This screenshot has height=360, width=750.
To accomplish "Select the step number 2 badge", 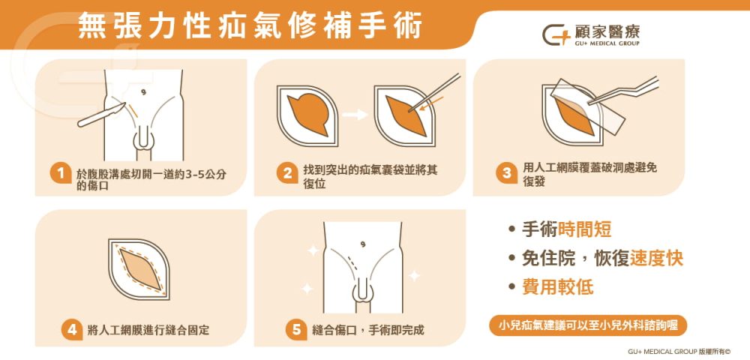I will coord(286,174).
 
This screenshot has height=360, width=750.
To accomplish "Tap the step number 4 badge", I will coord(71,329).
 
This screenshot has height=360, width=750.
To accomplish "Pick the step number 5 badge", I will coord(295,329).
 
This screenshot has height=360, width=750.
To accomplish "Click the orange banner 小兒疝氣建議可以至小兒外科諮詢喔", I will coord(587,325).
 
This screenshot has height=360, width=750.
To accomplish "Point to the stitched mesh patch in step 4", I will coord(140,269).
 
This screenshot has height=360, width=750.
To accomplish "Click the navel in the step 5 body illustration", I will coord(363,243).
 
